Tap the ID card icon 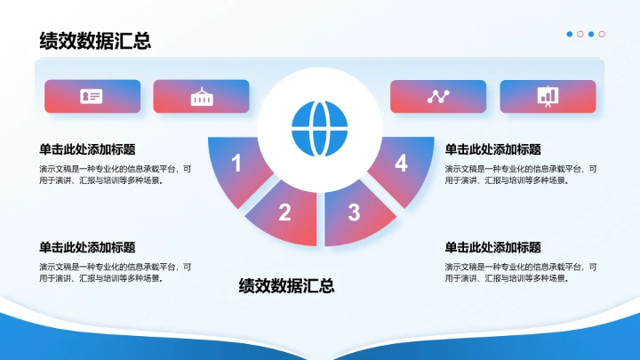point(92,96)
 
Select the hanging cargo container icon point(201,96)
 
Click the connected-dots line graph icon point(438,96)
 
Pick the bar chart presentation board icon point(548,96)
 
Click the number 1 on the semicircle point(236,163)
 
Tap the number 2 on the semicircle point(284,212)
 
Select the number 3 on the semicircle point(354,212)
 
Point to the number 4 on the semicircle point(401,163)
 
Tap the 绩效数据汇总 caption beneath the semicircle point(286,285)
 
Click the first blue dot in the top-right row point(570,34)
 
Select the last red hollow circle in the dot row point(602,34)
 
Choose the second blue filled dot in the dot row point(591,34)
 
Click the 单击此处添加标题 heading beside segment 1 point(93,149)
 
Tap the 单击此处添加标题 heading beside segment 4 point(492,149)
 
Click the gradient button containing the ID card point(92,96)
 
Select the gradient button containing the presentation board point(548,96)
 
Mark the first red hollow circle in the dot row point(580,34)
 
